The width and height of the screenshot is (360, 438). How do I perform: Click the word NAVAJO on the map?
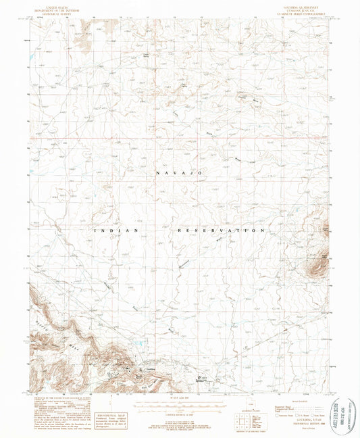click(180, 174)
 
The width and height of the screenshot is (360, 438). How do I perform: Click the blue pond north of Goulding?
click(141, 345)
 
